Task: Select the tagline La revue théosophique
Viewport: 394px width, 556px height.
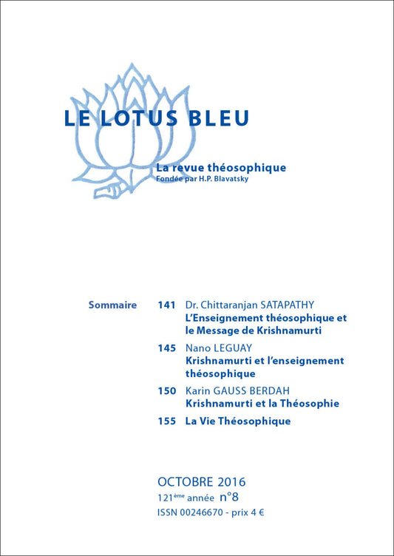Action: pos(221,168)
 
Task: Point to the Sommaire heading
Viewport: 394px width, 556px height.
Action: pos(112,305)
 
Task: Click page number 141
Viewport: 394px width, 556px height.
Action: pos(166,305)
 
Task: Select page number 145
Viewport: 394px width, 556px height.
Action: pos(166,347)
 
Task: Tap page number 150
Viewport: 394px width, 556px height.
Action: pos(166,390)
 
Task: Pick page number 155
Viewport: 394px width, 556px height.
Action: pos(166,421)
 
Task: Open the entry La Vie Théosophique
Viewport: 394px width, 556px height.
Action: pos(237,421)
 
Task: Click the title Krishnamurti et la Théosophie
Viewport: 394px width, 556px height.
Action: pos(262,404)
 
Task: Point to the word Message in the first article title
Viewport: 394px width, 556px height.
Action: pos(237,330)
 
